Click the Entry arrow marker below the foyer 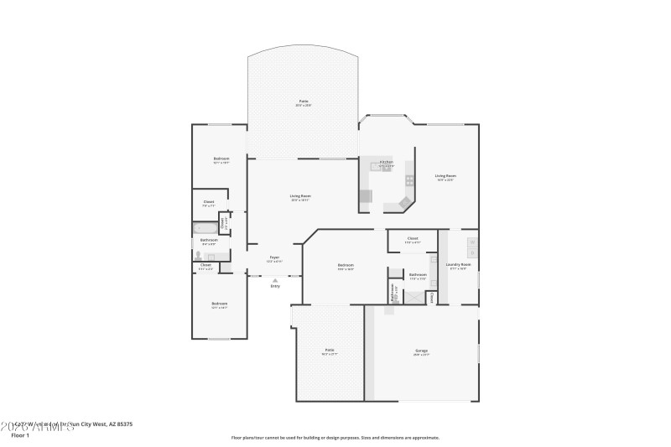click(274, 280)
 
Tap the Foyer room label click(274, 257)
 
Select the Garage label click(421, 351)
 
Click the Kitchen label click(386, 162)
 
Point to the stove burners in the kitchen click(409, 179)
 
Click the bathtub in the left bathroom click(204, 227)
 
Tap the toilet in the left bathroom click(200, 255)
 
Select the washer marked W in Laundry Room click(472, 242)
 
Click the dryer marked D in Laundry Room click(472, 252)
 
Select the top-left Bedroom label click(221, 159)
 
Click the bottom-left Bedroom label click(219, 304)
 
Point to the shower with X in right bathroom click(415, 296)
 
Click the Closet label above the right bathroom click(412, 238)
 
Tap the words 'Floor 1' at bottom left click(20, 435)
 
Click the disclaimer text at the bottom click(335, 437)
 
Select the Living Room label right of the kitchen click(445, 176)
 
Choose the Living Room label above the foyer click(300, 196)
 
